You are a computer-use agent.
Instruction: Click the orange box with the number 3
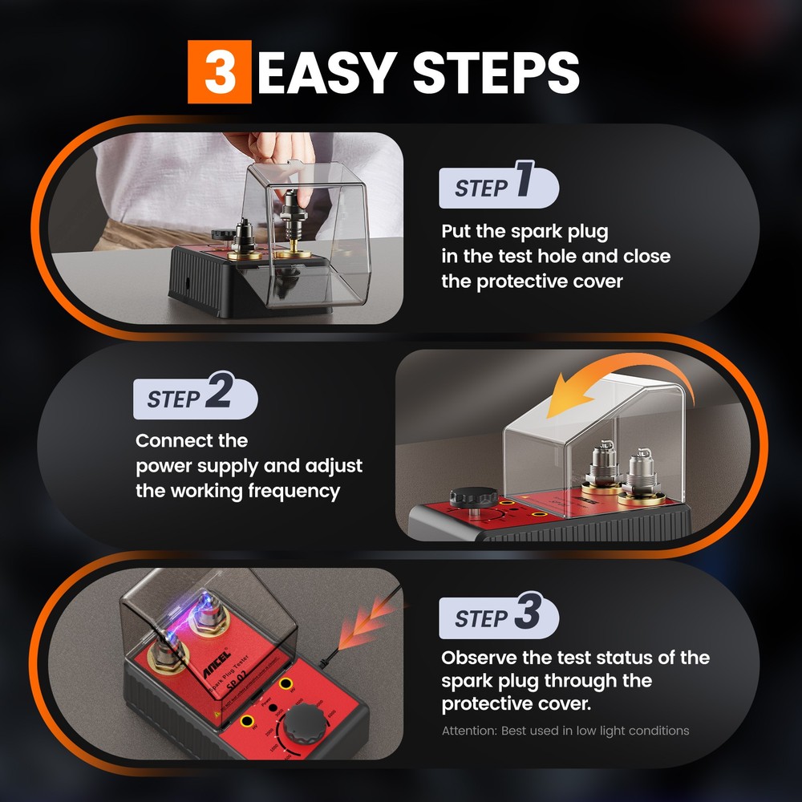tap(220, 73)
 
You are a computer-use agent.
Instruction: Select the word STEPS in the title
tap(496, 73)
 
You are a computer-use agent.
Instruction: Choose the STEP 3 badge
tap(497, 617)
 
